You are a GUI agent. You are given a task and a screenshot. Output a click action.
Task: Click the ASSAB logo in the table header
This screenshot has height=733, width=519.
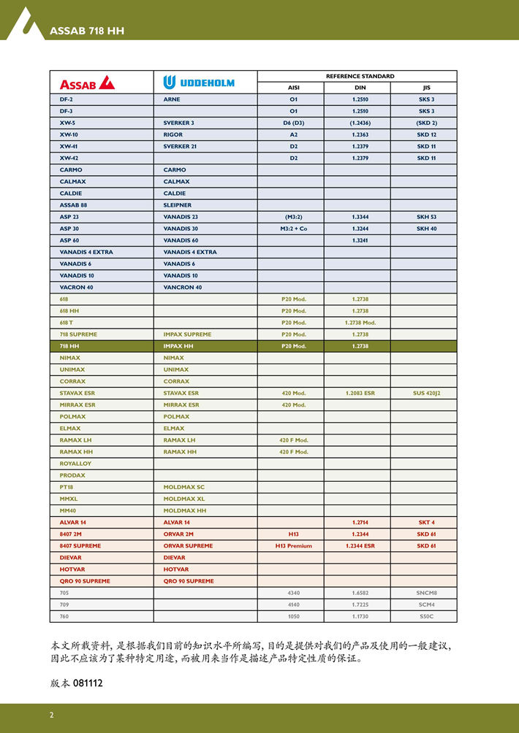pyautogui.click(x=87, y=82)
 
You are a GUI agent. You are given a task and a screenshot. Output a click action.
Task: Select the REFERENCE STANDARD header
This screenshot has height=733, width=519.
pyautogui.click(x=360, y=76)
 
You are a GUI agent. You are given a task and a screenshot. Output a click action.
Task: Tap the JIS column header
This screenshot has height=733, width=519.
pyautogui.click(x=426, y=88)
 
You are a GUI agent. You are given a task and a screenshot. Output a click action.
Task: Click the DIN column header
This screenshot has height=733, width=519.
pyautogui.click(x=360, y=88)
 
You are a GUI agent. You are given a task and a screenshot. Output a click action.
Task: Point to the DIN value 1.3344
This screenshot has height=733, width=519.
pyautogui.click(x=360, y=217)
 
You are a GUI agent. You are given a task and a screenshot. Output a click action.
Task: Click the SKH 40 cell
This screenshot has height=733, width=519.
pyautogui.click(x=426, y=229)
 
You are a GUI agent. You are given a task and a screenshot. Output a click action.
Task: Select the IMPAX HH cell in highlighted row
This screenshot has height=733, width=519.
pyautogui.click(x=178, y=346)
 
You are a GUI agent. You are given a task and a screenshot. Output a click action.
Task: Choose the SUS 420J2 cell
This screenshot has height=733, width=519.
pyautogui.click(x=426, y=393)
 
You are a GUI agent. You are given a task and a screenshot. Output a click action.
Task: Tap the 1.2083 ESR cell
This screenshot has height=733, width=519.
pyautogui.click(x=360, y=393)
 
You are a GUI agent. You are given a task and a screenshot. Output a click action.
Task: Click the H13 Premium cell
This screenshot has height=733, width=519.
pyautogui.click(x=294, y=545)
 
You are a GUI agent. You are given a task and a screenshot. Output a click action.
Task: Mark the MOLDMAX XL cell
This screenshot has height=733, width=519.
pyautogui.click(x=184, y=499)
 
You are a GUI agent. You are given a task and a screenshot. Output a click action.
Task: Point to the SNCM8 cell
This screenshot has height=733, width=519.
pyautogui.click(x=426, y=593)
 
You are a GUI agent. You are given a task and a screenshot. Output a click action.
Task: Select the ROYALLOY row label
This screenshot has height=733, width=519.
pyautogui.click(x=75, y=464)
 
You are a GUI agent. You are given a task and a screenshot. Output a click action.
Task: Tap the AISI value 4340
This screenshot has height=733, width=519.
pyautogui.click(x=294, y=593)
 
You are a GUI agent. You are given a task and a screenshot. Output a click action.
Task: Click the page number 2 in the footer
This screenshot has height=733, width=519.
pyautogui.click(x=52, y=715)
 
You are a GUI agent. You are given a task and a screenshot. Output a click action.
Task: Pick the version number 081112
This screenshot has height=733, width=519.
pyautogui.click(x=88, y=683)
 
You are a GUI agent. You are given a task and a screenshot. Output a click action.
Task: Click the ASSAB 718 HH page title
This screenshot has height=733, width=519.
pyautogui.click(x=86, y=31)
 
